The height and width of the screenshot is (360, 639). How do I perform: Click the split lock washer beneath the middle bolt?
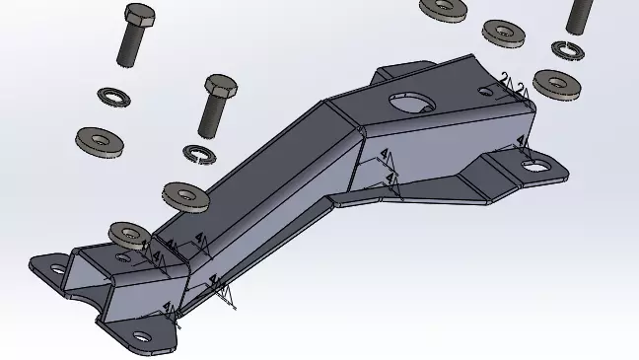[201, 153]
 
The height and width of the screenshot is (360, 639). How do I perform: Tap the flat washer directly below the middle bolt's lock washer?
[184, 194]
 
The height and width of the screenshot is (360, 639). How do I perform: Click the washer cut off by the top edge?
[444, 8]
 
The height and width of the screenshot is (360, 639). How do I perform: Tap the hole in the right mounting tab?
[535, 166]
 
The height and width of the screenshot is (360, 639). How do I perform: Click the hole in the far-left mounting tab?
[55, 268]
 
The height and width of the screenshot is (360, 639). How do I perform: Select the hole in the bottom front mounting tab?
[142, 337]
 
